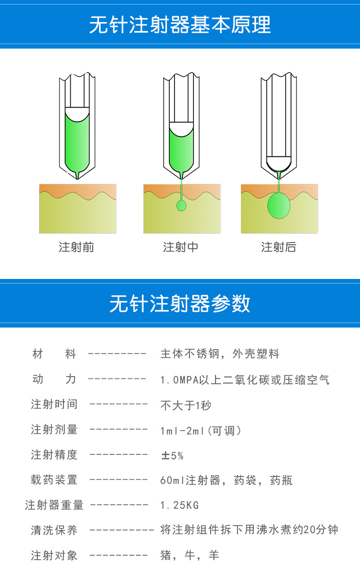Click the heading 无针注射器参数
180,304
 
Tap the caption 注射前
76,247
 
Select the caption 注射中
180,247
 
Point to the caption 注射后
279,247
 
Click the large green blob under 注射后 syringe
279,206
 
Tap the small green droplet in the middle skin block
181,206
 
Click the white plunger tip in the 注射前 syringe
77,112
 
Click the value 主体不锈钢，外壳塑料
220,354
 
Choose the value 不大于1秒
185,405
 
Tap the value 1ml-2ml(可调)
201,431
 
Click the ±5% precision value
172,456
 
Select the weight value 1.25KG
179,505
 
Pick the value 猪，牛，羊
189,556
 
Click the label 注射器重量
54,505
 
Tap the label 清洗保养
54,530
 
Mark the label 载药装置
54,480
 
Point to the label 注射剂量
54,430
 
